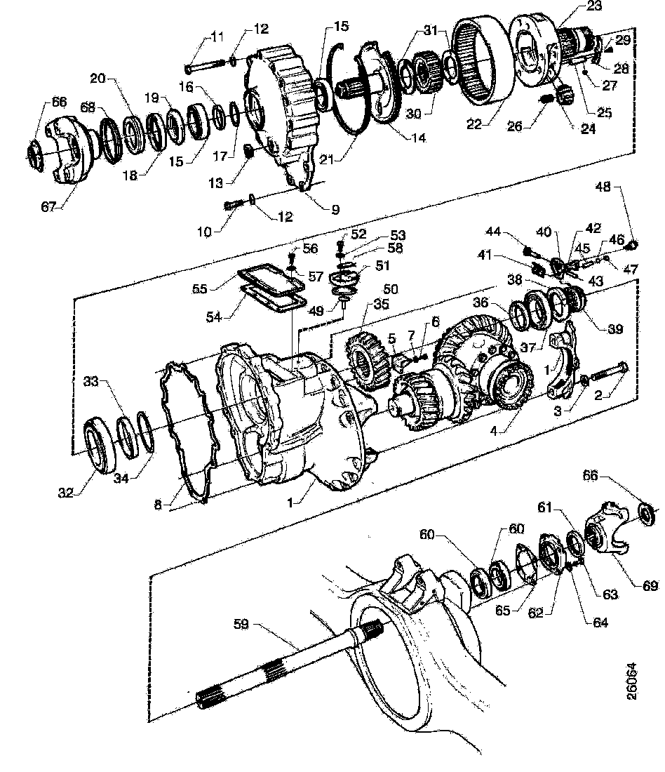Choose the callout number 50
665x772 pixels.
390,289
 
